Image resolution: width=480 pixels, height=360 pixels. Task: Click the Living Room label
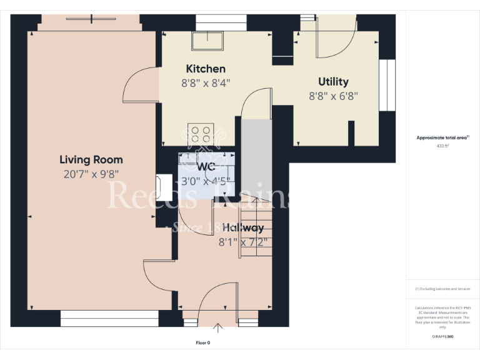[x=91, y=159]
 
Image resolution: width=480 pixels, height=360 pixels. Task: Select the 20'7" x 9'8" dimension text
[x=91, y=175]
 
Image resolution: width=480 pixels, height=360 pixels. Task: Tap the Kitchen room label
[x=206, y=69]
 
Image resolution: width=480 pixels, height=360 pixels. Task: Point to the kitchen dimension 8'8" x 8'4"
[x=206, y=83]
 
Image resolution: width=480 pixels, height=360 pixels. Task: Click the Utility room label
[x=333, y=82]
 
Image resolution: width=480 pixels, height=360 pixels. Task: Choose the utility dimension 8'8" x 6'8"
[x=333, y=96]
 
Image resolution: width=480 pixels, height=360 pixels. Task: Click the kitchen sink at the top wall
[x=208, y=41]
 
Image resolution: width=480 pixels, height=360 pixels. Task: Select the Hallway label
[x=243, y=227]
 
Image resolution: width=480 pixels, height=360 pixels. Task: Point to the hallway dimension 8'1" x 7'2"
[x=243, y=242]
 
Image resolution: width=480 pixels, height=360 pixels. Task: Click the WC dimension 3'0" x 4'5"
[x=206, y=182]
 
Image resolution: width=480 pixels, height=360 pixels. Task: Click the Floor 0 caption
[x=203, y=342]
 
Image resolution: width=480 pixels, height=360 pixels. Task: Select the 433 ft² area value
[x=442, y=146]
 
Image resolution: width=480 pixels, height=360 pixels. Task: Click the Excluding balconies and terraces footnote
[x=442, y=289]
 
